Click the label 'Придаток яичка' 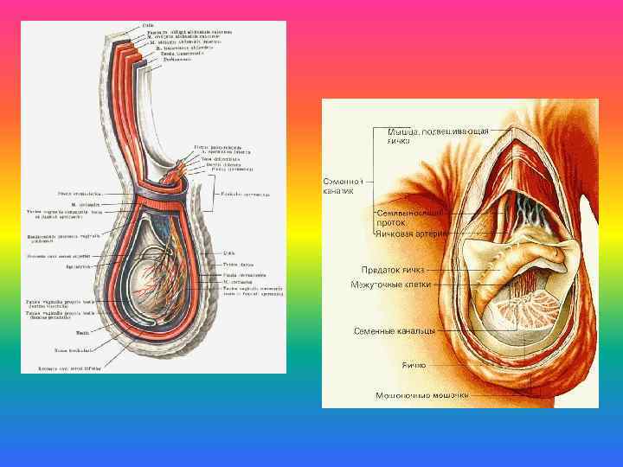point(393,270)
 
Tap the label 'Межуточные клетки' point(390,285)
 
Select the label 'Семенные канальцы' point(394,330)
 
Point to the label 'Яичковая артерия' point(410,233)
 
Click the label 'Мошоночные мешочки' point(422,395)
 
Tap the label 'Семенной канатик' point(342,186)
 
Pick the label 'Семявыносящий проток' point(410,215)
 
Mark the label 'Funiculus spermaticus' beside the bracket point(246,194)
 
